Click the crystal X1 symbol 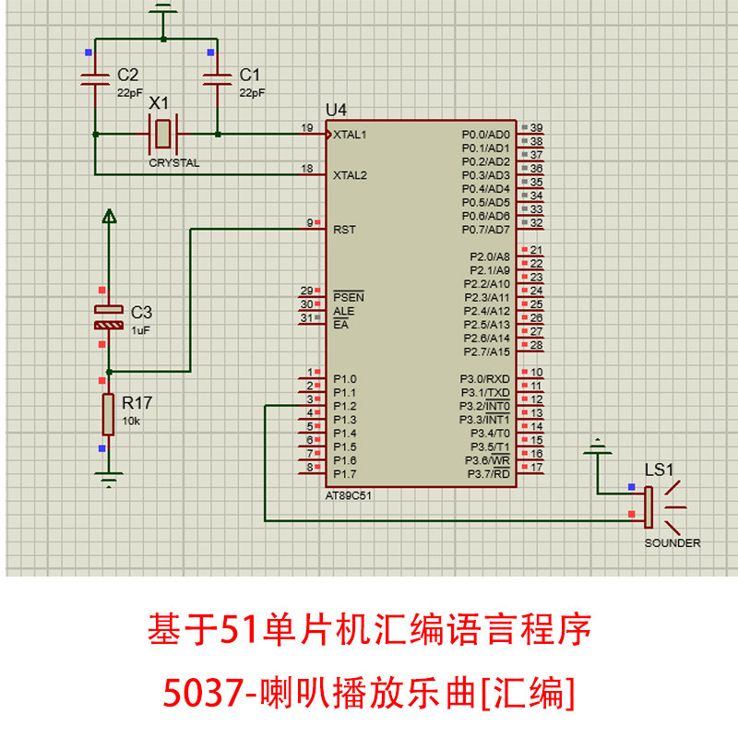[163, 135]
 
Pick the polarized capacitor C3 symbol [109, 317]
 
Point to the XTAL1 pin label [351, 135]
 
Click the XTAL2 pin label [351, 174]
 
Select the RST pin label [345, 229]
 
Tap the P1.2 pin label [345, 406]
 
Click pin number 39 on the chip [536, 128]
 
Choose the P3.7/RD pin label [489, 474]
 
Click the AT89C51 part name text [350, 495]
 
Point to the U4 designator [336, 111]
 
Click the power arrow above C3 [109, 218]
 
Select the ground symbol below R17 [109, 478]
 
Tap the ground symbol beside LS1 [598, 449]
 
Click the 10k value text [131, 421]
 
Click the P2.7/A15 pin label [486, 351]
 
